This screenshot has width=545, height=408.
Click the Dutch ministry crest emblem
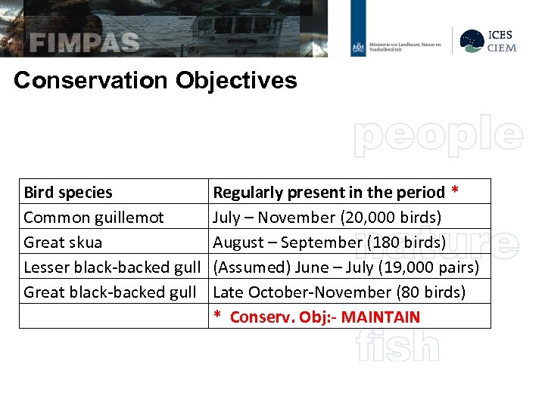(358, 48)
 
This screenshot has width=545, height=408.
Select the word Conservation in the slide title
(91, 80)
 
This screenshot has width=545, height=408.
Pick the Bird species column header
(68, 193)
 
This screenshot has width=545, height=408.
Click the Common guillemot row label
(94, 218)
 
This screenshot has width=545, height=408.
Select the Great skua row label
(63, 243)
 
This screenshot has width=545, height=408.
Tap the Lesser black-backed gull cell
(112, 267)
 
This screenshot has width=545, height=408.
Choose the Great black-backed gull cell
(110, 292)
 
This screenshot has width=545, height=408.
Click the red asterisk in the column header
(454, 191)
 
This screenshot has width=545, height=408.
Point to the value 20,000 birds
(392, 218)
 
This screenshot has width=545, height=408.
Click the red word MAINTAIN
(380, 317)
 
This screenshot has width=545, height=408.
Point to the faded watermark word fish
(397, 347)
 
